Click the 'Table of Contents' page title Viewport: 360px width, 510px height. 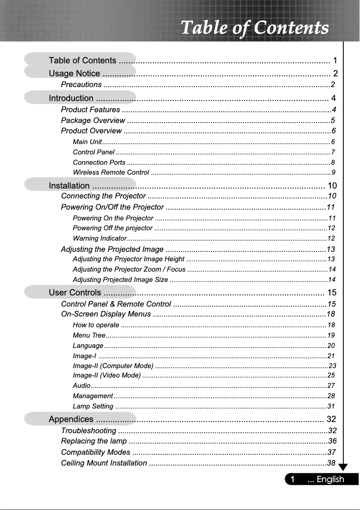point(255,27)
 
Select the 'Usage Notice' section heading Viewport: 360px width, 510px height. point(75,74)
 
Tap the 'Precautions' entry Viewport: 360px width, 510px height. point(81,85)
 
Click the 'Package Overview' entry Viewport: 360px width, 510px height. point(93,120)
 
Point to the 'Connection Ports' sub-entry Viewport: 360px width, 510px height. point(99,163)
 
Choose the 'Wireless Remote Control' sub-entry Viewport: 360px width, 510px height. point(111,172)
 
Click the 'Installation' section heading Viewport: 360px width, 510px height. point(69,185)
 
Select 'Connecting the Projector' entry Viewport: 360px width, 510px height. point(103,196)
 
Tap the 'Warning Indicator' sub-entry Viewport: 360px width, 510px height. point(100,238)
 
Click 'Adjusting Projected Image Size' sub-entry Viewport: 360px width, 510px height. point(120,280)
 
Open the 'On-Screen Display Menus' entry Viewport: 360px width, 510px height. point(106,314)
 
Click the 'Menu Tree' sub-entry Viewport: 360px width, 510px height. point(89,335)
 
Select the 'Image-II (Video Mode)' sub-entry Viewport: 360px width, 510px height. point(106,375)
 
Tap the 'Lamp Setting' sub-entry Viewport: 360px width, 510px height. point(93,406)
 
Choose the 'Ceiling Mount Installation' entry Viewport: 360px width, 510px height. point(104,463)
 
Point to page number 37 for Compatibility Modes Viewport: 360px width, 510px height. point(332,452)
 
